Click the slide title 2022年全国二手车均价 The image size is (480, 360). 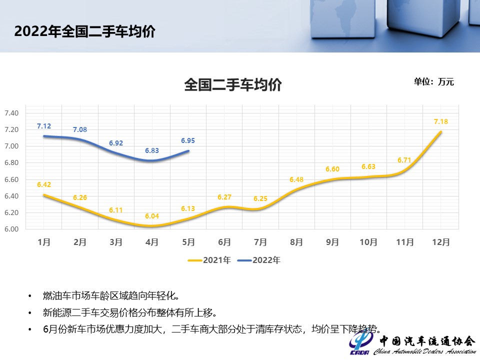click(x=84, y=31)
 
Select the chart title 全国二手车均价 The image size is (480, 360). click(x=233, y=84)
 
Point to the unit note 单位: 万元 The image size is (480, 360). click(x=433, y=81)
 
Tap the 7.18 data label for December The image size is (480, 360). click(x=440, y=121)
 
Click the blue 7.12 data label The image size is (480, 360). click(x=44, y=126)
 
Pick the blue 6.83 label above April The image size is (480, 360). click(x=152, y=150)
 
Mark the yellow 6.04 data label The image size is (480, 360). click(x=152, y=216)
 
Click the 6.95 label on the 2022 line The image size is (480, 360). click(x=188, y=141)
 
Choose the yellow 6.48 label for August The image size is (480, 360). click(x=296, y=179)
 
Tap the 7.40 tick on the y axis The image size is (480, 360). click(x=11, y=113)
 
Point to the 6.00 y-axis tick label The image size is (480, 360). click(x=11, y=229)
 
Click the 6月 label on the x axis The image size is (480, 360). click(x=224, y=242)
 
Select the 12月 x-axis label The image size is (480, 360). click(x=440, y=242)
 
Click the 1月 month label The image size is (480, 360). click(x=44, y=242)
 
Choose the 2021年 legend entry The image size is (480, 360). click(x=209, y=260)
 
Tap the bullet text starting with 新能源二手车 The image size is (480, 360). click(x=129, y=313)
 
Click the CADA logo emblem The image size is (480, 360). click(x=359, y=344)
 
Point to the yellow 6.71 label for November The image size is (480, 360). click(x=404, y=160)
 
